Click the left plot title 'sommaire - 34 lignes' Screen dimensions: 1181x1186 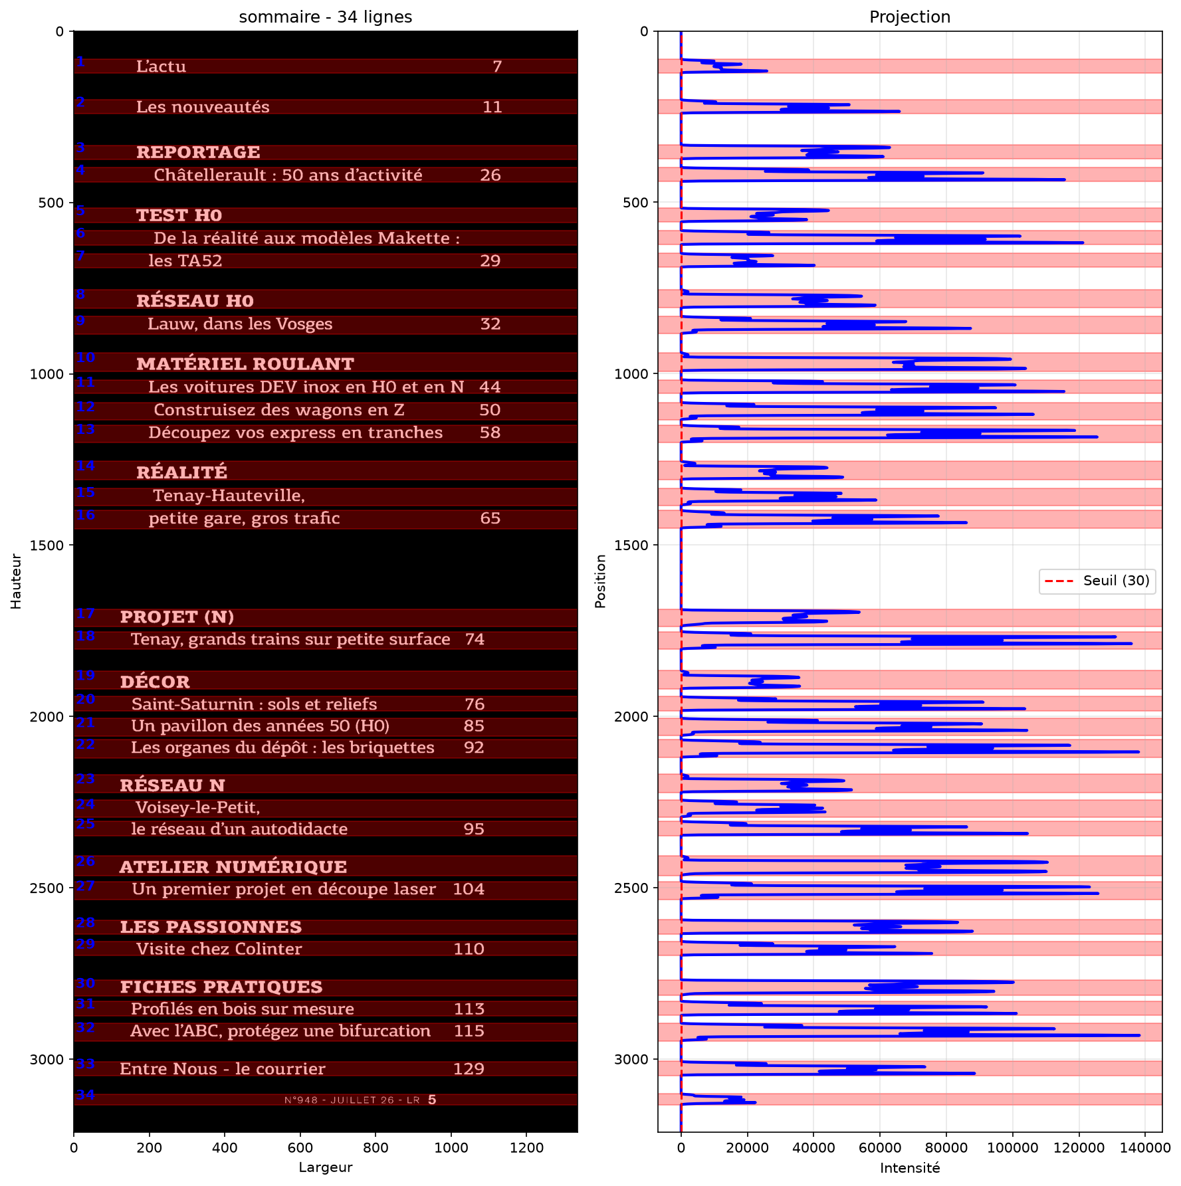[325, 17]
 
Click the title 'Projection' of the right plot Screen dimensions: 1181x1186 [910, 17]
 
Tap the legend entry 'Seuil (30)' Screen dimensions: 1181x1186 [1117, 581]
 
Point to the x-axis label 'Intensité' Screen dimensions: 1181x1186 [910, 1168]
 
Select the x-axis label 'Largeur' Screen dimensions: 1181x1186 [325, 1167]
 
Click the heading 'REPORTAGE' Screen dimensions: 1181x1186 [198, 152]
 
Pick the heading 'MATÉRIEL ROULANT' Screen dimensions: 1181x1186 [245, 363]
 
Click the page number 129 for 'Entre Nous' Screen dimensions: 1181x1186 [469, 1068]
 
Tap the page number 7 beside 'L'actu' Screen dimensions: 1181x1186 [497, 66]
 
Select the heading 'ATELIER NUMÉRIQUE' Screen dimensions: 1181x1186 [233, 866]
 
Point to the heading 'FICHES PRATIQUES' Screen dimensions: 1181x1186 [221, 987]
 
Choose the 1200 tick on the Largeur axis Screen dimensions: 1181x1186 [526, 1147]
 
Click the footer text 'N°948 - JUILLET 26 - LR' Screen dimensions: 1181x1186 [352, 1100]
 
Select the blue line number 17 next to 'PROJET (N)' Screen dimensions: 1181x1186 [85, 613]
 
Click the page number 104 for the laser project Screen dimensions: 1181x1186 [469, 889]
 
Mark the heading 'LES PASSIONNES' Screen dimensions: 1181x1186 [211, 927]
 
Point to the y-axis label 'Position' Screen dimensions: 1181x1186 [601, 581]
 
